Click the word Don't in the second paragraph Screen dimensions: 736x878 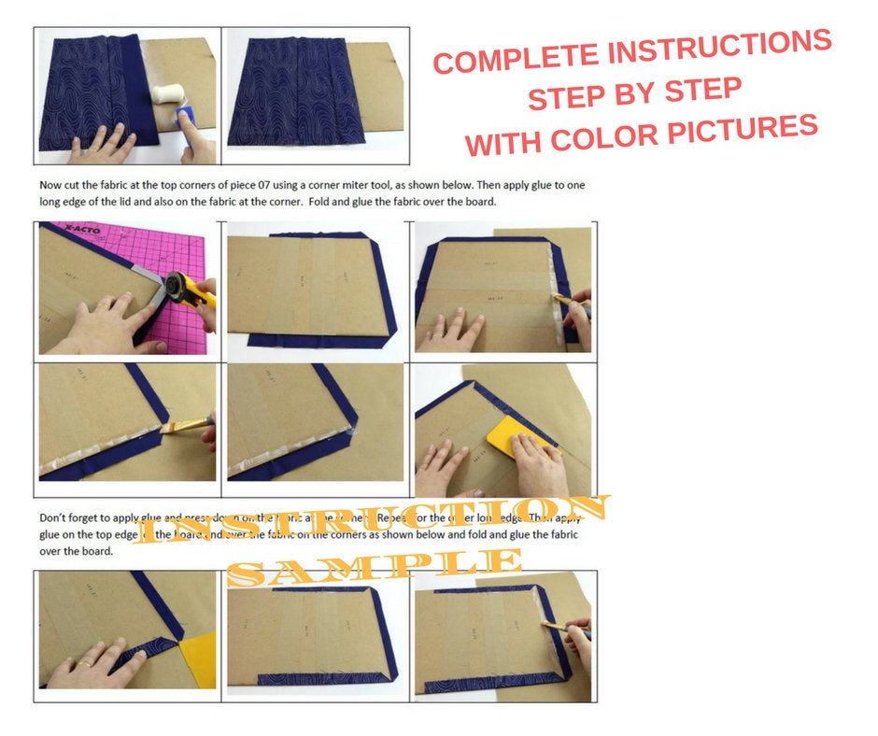(54, 517)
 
